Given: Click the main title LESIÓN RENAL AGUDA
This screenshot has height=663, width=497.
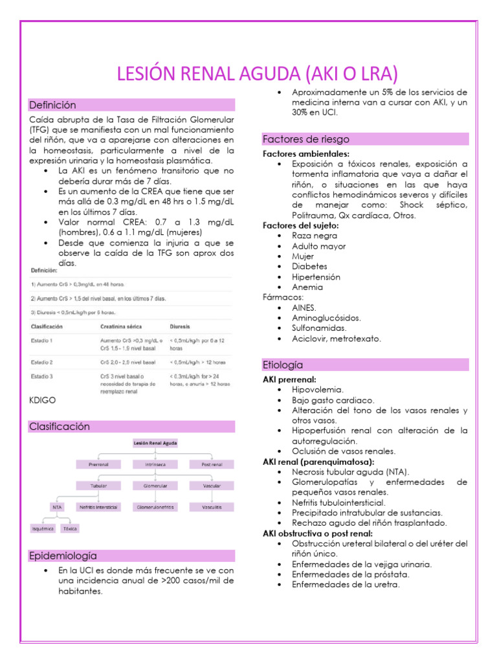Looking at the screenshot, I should pos(257,73).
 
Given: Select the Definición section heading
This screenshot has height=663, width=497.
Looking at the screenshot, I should pos(52,105).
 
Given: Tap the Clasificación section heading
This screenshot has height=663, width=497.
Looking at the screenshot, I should pos(60,427).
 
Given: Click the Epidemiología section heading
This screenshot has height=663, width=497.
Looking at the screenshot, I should pos(63,556).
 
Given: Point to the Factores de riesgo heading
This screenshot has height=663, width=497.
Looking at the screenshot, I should pos(305,139).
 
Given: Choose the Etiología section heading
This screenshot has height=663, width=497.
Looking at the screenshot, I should pos(283,365).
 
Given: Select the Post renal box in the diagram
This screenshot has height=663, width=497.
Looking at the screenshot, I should pos(210,464).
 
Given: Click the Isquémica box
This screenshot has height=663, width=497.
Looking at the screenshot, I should pos(43,528).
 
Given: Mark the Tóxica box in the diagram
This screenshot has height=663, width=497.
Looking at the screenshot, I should pos(69,528).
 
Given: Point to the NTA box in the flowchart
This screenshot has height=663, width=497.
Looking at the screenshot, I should pos(58,507).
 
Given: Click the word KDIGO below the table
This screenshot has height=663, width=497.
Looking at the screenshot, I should pos(43,401).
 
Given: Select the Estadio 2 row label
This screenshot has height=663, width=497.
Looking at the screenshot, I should pos(42,362).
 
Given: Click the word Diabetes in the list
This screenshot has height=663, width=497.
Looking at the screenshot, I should pos(309,266).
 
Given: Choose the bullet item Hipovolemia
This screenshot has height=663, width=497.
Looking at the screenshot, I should pos(318,390).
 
